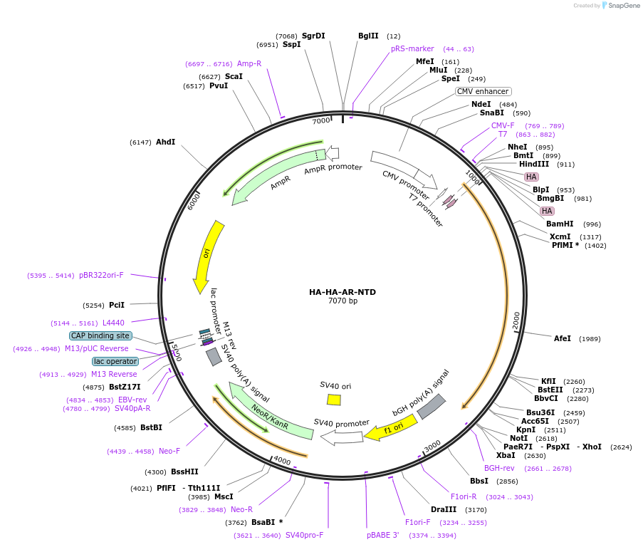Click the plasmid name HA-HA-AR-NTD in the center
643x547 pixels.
[342, 292]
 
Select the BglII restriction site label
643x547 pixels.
[368, 36]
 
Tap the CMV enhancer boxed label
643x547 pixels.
[483, 91]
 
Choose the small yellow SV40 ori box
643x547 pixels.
[333, 400]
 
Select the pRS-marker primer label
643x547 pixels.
[412, 48]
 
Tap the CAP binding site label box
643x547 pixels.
[100, 335]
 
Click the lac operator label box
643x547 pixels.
[114, 361]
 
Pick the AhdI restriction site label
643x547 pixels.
[165, 142]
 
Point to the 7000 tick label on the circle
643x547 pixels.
[321, 120]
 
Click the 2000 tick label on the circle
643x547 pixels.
[516, 321]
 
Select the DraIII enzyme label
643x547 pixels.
[444, 509]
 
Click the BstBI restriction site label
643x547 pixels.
[151, 427]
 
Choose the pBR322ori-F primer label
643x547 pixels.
[101, 275]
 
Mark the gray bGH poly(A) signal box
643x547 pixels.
[431, 407]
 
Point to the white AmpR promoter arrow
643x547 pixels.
[332, 152]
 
